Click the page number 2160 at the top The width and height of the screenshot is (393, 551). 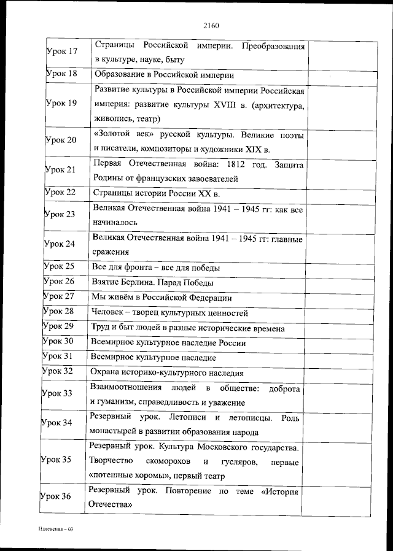[x=211, y=25]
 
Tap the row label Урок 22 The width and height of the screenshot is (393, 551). [x=60, y=193]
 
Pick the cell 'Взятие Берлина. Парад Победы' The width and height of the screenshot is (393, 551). [x=152, y=282]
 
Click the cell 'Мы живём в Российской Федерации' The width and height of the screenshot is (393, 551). [x=161, y=298]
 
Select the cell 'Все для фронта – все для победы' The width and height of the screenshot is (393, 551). [x=155, y=268]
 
